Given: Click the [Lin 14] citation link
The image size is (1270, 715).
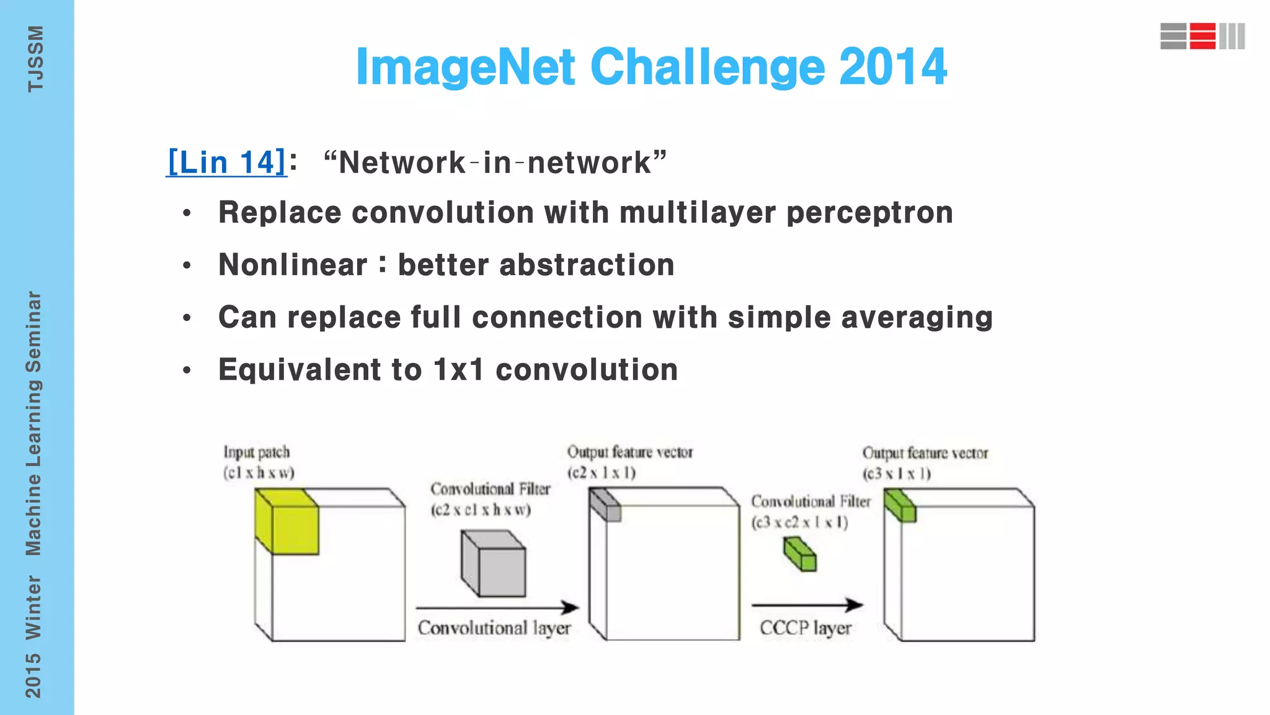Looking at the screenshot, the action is tap(227, 163).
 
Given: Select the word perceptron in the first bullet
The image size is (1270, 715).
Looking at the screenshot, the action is tap(869, 213).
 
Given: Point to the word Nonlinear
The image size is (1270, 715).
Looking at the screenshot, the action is tap(293, 265).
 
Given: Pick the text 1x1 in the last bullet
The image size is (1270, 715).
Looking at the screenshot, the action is tap(458, 370).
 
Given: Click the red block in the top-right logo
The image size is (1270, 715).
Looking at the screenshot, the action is tap(1202, 36).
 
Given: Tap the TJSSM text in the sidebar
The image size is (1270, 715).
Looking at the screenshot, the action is tap(35, 59).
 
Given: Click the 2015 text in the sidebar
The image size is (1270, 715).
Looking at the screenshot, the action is tap(33, 675).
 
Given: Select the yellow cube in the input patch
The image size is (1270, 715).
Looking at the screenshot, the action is tap(287, 521).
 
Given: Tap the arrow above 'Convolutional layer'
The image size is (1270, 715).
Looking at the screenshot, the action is tap(497, 607).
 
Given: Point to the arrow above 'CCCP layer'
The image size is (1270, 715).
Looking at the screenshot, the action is tap(807, 605).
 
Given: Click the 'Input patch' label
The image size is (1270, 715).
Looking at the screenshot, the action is tap(257, 452).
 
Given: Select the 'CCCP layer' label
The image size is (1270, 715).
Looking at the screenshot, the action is tap(806, 628).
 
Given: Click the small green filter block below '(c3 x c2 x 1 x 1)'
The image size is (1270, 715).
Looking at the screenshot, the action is tap(800, 554).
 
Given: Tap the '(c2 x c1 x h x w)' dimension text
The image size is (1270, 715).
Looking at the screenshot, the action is tap(481, 510).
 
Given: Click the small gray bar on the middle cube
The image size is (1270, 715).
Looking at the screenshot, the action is tap(605, 505).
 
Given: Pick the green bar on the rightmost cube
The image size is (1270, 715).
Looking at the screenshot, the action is tap(900, 505).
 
